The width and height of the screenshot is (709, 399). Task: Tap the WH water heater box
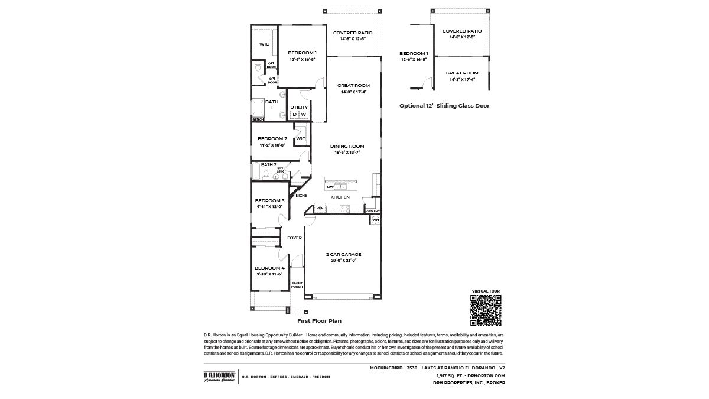click(375, 220)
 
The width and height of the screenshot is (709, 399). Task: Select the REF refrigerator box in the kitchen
click(320, 208)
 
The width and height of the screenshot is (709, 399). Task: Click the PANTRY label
click(372, 211)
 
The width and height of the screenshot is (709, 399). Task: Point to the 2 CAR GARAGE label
click(343, 254)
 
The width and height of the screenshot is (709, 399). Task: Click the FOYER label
click(294, 238)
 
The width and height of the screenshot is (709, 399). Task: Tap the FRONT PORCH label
click(297, 286)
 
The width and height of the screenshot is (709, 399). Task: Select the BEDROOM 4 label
click(270, 268)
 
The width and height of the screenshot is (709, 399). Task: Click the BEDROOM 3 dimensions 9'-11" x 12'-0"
click(270, 206)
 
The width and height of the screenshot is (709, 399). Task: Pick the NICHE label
click(301, 196)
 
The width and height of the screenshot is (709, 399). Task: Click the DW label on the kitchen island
click(330, 187)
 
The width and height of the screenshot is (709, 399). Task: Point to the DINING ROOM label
click(347, 146)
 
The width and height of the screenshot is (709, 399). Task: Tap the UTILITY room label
click(299, 107)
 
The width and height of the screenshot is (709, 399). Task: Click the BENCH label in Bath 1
click(258, 120)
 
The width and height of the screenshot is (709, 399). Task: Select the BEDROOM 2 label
click(272, 138)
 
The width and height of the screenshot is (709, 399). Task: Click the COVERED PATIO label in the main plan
click(353, 33)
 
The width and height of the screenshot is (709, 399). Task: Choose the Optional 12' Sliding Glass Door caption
click(444, 106)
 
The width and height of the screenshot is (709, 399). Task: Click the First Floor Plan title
click(319, 322)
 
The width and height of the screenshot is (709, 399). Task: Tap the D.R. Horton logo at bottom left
click(219, 377)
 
